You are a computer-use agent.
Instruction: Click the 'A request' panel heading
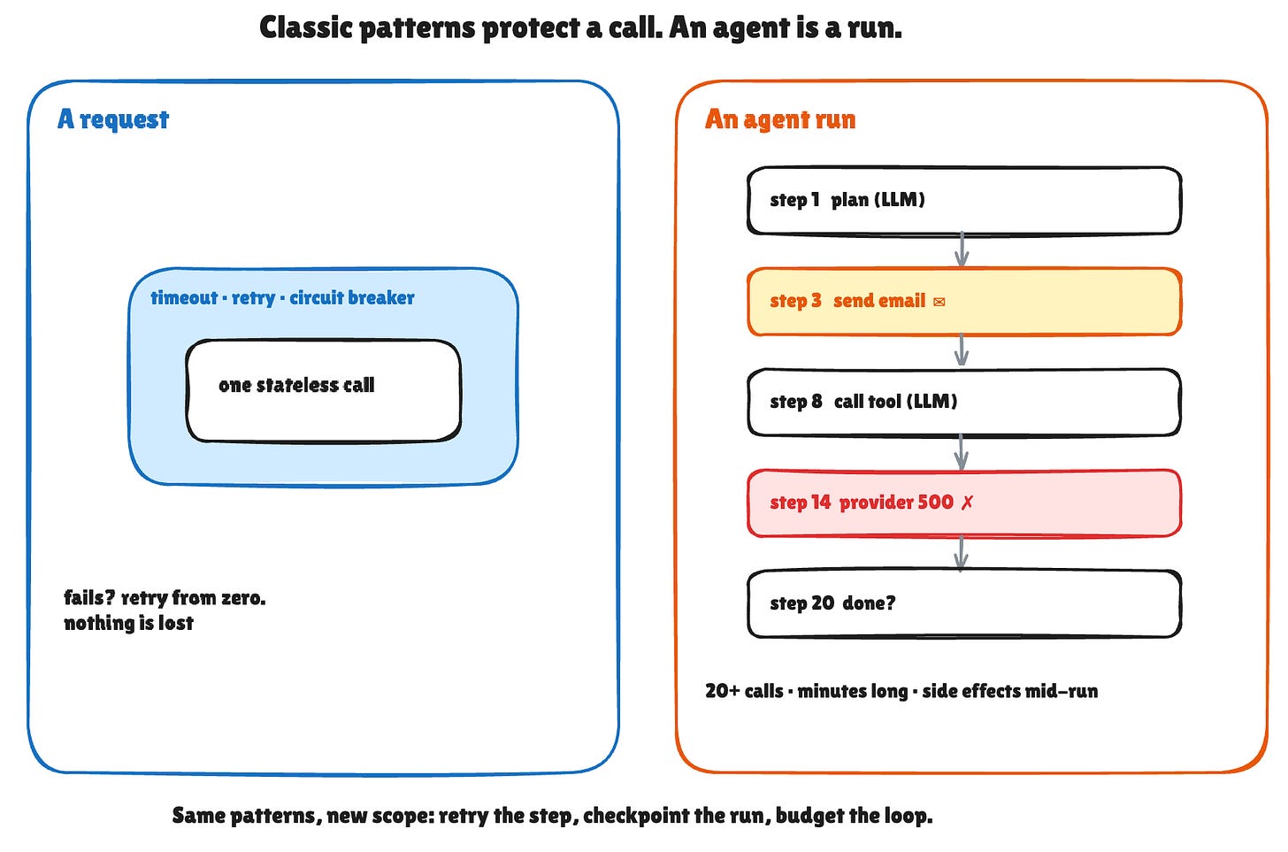(113, 119)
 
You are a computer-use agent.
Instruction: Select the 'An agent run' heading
(780, 119)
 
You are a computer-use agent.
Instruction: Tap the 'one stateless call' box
(323, 391)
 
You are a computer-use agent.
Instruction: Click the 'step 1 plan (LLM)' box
(964, 201)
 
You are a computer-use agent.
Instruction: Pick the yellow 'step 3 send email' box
(964, 301)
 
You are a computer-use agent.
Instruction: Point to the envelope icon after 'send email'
(939, 302)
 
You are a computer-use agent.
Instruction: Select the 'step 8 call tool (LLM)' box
(964, 402)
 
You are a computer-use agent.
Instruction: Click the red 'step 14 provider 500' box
(964, 503)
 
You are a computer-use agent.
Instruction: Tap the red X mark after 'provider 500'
(967, 503)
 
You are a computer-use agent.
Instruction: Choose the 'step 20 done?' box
(964, 603)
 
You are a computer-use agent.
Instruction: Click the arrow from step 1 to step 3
(962, 250)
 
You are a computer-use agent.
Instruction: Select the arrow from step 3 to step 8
(962, 350)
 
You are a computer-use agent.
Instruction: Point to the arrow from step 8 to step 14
(962, 452)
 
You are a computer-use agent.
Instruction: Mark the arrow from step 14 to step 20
(962, 553)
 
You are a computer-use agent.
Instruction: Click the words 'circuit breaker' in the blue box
(352, 298)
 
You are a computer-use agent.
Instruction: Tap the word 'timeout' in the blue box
(184, 298)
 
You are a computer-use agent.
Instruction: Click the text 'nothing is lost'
(129, 623)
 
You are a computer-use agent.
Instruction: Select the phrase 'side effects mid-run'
(1010, 691)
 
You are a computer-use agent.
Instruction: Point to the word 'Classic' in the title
(305, 28)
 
